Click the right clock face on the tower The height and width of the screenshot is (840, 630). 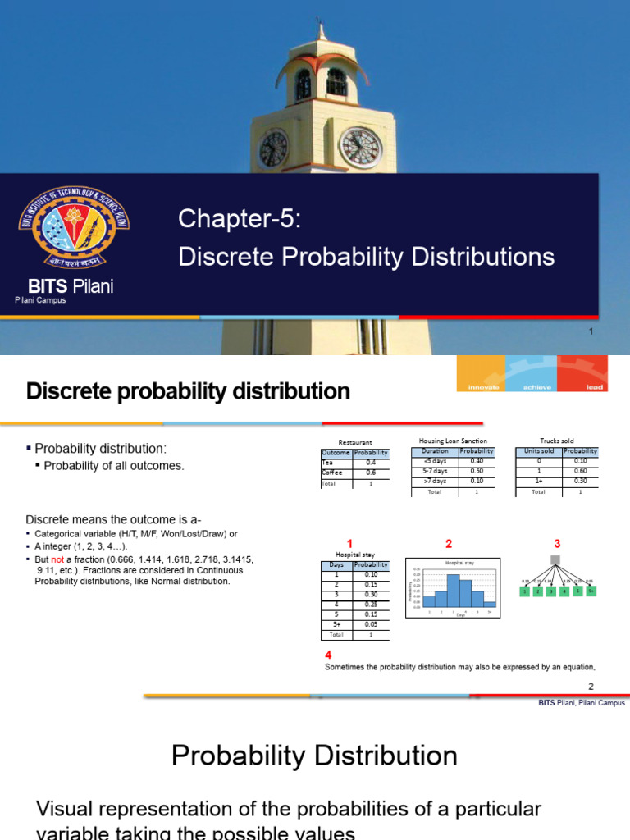[360, 148]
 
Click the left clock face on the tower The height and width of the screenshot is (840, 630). [273, 148]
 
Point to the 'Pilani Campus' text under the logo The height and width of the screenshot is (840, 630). [40, 300]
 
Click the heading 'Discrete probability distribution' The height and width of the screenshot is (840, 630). [188, 391]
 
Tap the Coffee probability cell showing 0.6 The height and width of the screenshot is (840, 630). [371, 472]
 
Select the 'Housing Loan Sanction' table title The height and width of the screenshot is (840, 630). [453, 441]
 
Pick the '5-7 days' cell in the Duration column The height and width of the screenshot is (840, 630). [434, 472]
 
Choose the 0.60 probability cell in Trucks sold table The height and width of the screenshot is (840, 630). [581, 472]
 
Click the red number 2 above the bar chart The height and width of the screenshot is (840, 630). [449, 544]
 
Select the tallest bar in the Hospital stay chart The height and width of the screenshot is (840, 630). [453, 590]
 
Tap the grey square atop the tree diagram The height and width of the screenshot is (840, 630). [556, 560]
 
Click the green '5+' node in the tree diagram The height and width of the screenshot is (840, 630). [590, 590]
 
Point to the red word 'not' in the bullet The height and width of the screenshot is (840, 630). [61, 559]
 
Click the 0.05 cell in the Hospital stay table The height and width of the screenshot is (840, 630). [371, 624]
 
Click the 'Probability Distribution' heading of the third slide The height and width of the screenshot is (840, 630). [314, 756]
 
